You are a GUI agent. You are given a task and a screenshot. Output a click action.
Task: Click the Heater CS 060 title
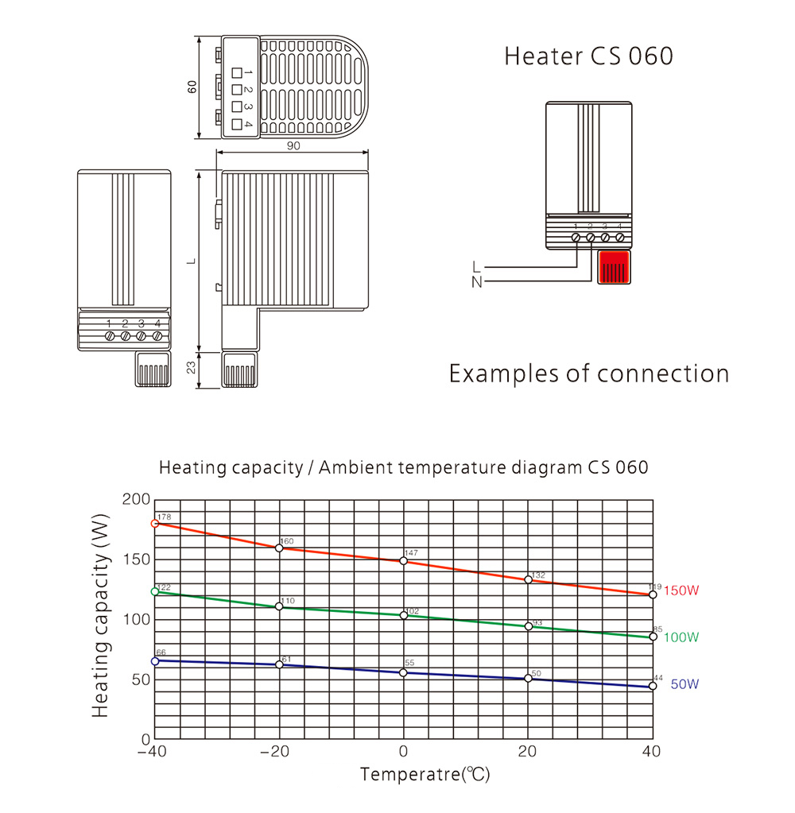588,56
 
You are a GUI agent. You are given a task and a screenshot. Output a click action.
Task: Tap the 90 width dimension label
293,145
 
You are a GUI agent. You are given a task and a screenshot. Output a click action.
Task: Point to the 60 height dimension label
192,87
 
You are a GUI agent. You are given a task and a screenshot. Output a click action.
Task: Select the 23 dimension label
192,367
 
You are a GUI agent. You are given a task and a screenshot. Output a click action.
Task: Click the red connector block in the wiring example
614,268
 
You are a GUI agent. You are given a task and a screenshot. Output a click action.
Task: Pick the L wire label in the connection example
476,267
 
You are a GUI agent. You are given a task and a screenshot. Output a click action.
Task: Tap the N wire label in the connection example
476,282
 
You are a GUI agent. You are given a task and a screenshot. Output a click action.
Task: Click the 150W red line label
681,590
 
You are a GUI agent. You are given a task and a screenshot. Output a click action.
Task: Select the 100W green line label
681,637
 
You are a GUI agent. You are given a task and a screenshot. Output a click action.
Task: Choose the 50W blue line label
684,684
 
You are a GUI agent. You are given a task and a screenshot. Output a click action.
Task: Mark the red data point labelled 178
155,524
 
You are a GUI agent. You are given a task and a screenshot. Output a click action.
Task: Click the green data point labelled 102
404,615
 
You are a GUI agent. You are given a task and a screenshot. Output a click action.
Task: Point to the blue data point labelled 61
279,664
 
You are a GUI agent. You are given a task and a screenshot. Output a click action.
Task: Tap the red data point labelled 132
529,579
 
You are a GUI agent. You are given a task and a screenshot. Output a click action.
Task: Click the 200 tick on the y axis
136,499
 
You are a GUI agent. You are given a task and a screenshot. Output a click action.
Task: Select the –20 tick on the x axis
275,751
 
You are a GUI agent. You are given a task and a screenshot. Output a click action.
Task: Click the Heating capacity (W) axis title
100,616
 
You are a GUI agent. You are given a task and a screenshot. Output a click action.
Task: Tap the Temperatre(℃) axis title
425,774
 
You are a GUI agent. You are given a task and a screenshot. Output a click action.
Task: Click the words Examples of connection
589,374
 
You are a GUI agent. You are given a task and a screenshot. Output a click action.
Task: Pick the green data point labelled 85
653,637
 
